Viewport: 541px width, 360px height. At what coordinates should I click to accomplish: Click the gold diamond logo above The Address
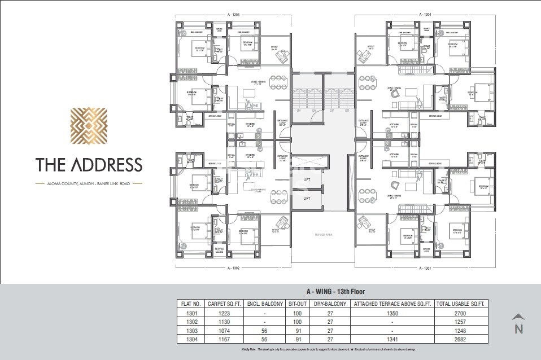click(88, 125)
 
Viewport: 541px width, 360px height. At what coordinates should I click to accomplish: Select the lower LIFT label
click(307, 199)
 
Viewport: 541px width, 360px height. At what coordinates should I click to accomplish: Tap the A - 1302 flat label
click(235, 269)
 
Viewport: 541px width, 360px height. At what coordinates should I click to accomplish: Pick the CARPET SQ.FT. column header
click(224, 304)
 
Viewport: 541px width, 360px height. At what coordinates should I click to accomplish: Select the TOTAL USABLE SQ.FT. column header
click(461, 304)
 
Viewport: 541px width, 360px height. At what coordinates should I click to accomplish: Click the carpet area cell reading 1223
click(224, 313)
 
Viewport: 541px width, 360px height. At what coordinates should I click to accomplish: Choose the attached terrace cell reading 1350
click(391, 313)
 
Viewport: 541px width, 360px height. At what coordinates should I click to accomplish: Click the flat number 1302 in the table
click(190, 321)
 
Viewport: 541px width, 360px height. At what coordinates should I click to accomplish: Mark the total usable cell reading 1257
click(461, 321)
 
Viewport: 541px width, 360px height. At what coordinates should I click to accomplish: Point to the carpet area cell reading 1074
click(224, 330)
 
